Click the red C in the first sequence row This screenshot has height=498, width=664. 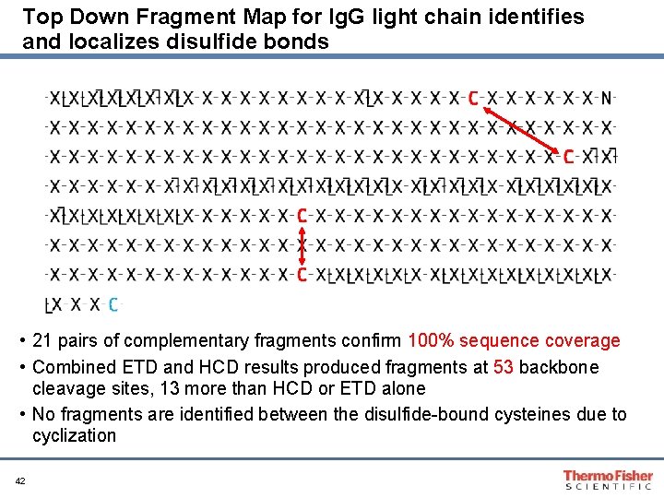[473, 99]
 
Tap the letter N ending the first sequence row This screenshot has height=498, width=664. [607, 99]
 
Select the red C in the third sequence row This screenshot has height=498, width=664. [568, 157]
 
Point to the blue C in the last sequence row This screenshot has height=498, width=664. [113, 303]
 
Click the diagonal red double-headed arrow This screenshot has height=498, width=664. [521, 128]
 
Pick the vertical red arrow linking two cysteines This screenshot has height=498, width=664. [302, 244]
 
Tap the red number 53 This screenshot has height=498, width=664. [504, 368]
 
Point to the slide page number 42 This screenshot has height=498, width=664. [20, 481]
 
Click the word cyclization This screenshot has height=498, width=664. [74, 435]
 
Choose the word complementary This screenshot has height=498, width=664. [188, 341]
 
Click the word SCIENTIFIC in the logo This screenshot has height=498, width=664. [609, 485]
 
